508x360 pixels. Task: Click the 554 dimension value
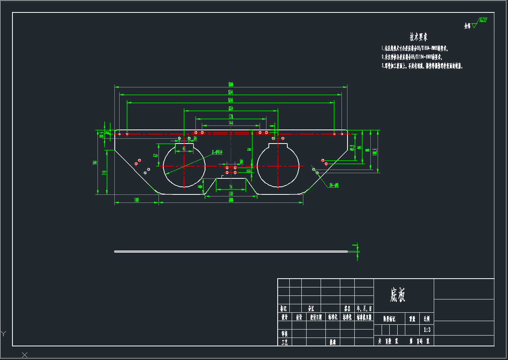click(x=231, y=92)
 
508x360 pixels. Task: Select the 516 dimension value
click(x=231, y=100)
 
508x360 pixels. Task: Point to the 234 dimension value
click(x=231, y=108)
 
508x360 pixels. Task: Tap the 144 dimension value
click(x=231, y=123)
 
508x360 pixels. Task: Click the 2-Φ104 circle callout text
click(x=217, y=152)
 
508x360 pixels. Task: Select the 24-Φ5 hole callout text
click(x=334, y=185)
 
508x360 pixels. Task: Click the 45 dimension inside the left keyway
click(x=184, y=148)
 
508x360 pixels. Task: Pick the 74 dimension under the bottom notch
click(x=231, y=187)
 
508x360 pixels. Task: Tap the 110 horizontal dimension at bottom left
click(x=136, y=200)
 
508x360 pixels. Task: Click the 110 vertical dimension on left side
click(x=104, y=172)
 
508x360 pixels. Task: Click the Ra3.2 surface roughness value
click(x=483, y=20)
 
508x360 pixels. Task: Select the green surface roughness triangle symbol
click(x=474, y=25)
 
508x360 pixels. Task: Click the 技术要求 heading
click(x=418, y=37)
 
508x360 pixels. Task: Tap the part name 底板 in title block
click(x=398, y=295)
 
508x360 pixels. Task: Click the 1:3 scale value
click(x=427, y=330)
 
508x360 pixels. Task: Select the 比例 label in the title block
click(x=427, y=319)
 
